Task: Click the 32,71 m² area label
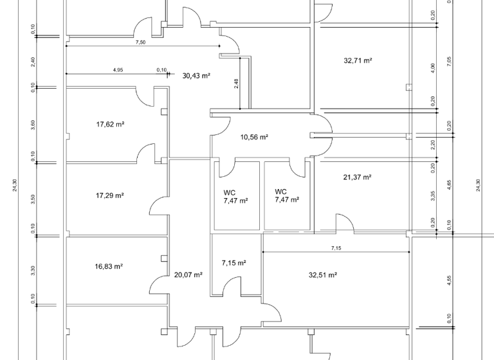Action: click(358, 60)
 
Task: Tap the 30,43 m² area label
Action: click(196, 75)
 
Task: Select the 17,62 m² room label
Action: click(110, 124)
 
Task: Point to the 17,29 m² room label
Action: click(109, 195)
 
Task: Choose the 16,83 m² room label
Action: click(109, 265)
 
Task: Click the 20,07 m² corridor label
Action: click(188, 274)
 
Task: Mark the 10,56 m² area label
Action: click(254, 137)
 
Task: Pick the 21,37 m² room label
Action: click(358, 177)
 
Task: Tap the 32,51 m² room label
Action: click(323, 274)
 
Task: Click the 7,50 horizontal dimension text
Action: click(140, 42)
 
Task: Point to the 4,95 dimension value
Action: click(118, 70)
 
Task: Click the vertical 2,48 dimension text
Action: click(237, 84)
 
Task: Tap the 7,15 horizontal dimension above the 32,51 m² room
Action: click(336, 248)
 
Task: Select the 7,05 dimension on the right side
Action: click(450, 61)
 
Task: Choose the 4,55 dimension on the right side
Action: click(450, 280)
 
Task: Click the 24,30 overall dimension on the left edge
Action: click(14, 185)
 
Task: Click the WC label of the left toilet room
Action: click(229, 192)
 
